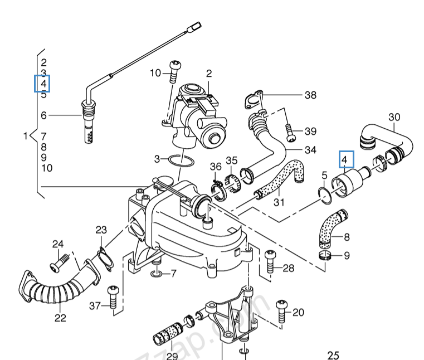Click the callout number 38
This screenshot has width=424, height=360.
pos(310,95)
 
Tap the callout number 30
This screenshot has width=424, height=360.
pos(394,117)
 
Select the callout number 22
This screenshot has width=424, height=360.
pos(60,318)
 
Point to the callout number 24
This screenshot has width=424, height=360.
pos(58,244)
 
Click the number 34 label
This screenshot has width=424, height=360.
pos(310,150)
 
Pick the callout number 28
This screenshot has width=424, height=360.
pos(287,268)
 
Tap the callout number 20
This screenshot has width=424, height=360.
pos(298,312)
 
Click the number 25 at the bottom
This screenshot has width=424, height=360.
pos(333,355)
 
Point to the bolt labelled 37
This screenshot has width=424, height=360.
pos(113,298)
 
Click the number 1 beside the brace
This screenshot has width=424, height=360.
pos(25,136)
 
